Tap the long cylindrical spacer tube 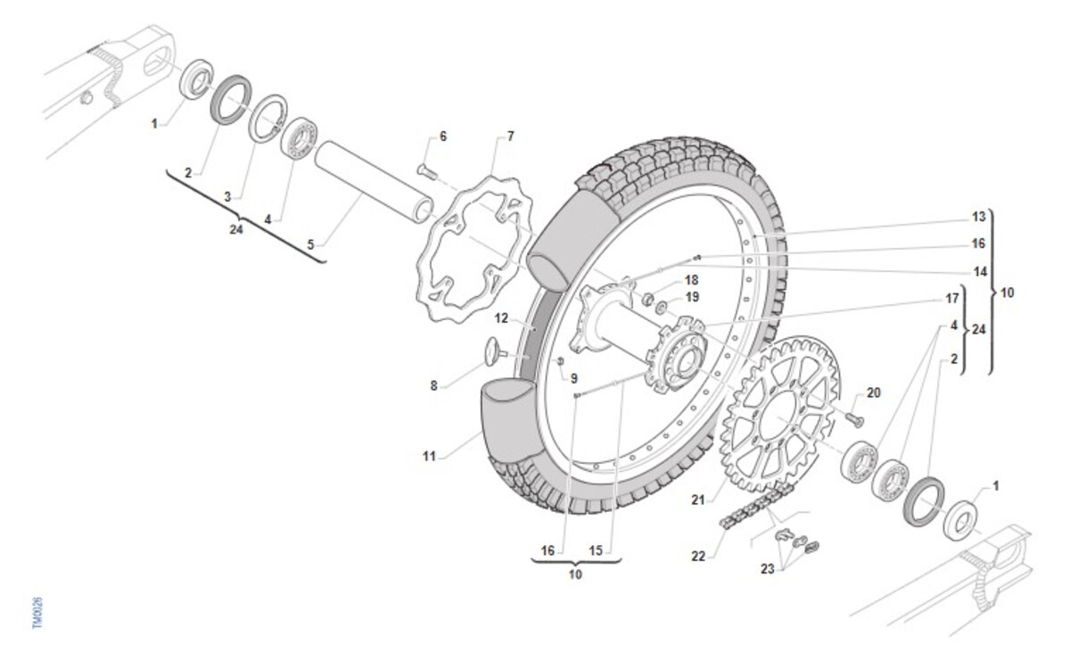tap(374, 182)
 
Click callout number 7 tap(510, 136)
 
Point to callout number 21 tap(698, 499)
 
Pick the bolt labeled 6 tap(427, 171)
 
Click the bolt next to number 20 tap(854, 419)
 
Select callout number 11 tap(429, 457)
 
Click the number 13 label tap(979, 217)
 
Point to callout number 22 tap(698, 557)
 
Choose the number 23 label tap(767, 569)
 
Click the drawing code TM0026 tap(37, 613)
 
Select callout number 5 tap(310, 245)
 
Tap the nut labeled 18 tap(647, 300)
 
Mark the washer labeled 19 tap(662, 307)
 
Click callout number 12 tap(501, 318)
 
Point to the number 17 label tap(952, 298)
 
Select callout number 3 tap(227, 196)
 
